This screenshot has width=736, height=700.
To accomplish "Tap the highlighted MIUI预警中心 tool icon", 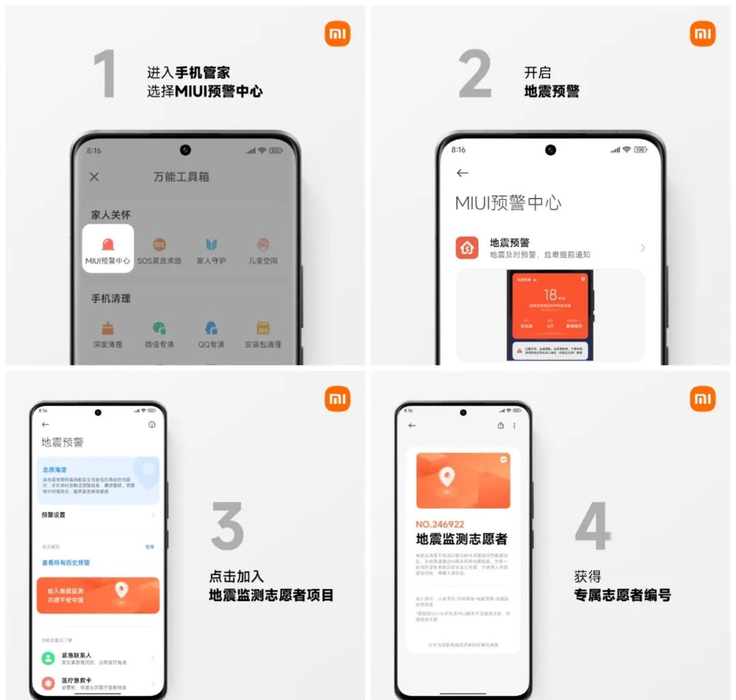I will tap(108, 245).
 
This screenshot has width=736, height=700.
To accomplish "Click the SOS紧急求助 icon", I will tap(159, 245).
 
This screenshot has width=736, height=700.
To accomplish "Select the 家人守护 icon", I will tap(211, 245).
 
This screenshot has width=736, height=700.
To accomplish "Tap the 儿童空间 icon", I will tap(262, 245).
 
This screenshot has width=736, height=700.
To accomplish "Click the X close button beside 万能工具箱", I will tap(95, 177).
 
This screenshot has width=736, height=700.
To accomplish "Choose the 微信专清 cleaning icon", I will tap(159, 329).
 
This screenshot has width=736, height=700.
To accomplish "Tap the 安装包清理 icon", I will tap(262, 329).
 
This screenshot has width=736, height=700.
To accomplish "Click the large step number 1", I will tap(104, 75).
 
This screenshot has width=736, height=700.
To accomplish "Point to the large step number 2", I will tap(475, 75).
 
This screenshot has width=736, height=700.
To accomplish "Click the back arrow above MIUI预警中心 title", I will tap(462, 173).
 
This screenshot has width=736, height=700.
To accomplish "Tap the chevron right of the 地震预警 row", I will tap(642, 248).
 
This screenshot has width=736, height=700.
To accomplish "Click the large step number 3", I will tap(227, 526).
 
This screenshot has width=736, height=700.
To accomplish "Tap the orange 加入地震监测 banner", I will tap(98, 594).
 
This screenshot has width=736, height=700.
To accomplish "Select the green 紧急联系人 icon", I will tap(48, 658).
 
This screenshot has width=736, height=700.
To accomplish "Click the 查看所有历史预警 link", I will tap(66, 562).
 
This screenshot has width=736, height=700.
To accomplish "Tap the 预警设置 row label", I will tap(54, 515).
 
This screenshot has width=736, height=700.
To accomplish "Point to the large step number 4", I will tap(592, 526).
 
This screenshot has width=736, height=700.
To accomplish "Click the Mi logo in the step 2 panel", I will tap(703, 33).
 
